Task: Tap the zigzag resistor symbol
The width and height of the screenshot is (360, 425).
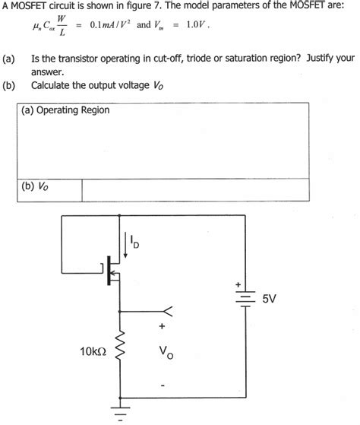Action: pos(118,351)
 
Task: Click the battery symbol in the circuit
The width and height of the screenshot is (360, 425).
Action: pos(244,300)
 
